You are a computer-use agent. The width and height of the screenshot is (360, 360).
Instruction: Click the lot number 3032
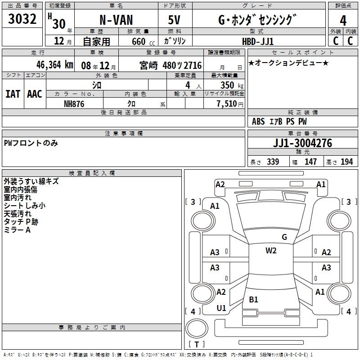pyautogui.click(x=22, y=19)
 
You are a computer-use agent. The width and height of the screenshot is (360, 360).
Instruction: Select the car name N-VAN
pyautogui.click(x=116, y=20)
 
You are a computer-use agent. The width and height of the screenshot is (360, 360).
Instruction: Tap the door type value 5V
pyautogui.click(x=174, y=20)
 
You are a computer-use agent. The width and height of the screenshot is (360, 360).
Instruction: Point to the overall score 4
pyautogui.click(x=343, y=21)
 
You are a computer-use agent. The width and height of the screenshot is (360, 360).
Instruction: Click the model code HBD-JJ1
pyautogui.click(x=258, y=41)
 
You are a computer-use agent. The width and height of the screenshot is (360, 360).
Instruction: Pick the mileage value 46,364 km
pyautogui.click(x=55, y=65)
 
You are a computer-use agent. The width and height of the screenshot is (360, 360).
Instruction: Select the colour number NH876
pyautogui.click(x=74, y=104)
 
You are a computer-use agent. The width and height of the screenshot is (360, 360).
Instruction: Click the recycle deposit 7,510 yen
pyautogui.click(x=230, y=104)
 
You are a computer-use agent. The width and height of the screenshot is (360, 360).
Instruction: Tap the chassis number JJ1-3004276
pyautogui.click(x=302, y=143)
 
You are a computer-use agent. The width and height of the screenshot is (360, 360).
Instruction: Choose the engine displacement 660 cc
pyautogui.click(x=143, y=42)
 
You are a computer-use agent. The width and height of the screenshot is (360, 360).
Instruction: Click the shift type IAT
pyautogui.click(x=13, y=94)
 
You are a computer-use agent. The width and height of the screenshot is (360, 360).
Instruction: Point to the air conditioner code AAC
pyautogui.click(x=35, y=94)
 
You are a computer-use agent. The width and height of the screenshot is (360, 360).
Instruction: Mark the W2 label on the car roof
pyautogui.click(x=271, y=251)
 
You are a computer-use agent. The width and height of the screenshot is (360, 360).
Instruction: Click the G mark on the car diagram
pyautogui.click(x=284, y=237)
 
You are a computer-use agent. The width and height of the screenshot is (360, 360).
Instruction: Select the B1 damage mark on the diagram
pyautogui.click(x=253, y=299)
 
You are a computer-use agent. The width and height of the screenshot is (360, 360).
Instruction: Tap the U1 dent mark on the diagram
pyautogui.click(x=221, y=308)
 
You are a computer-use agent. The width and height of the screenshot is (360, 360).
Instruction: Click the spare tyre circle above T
pyautogui.click(x=197, y=328)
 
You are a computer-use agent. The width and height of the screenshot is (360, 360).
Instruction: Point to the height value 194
pyautogui.click(x=346, y=162)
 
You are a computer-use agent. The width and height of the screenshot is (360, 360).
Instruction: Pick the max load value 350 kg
pyautogui.click(x=232, y=85)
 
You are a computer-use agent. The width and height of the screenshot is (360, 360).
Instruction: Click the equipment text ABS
pyautogui.click(x=258, y=121)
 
